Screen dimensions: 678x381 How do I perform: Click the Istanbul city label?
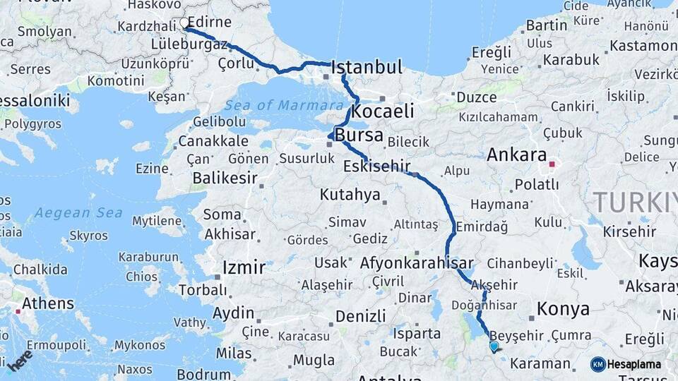(x=367, y=68)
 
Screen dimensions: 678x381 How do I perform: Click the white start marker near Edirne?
(x=185, y=23)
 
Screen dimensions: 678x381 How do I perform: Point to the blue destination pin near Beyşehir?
(x=494, y=346)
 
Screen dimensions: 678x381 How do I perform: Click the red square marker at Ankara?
(x=552, y=165)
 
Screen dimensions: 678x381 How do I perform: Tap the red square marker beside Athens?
(x=17, y=310)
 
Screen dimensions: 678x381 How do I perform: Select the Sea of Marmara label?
(x=283, y=105)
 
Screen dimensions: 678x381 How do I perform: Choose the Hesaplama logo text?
(x=634, y=364)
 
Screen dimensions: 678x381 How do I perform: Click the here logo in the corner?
(x=20, y=360)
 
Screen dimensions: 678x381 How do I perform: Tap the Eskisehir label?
(x=376, y=167)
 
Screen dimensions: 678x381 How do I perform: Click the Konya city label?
(x=563, y=308)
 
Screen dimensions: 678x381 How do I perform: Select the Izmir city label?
(x=244, y=267)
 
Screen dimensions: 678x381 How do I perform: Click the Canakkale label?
(x=213, y=141)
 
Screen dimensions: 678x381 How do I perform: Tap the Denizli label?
(x=360, y=315)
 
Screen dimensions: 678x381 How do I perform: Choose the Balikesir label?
(x=225, y=178)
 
